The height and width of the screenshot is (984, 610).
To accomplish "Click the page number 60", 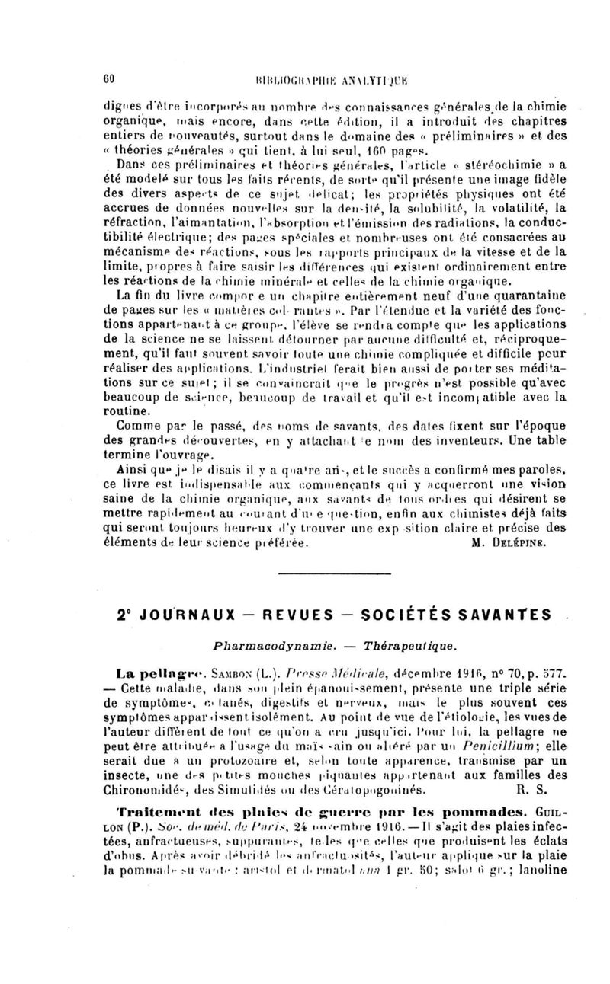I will point(108,78).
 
